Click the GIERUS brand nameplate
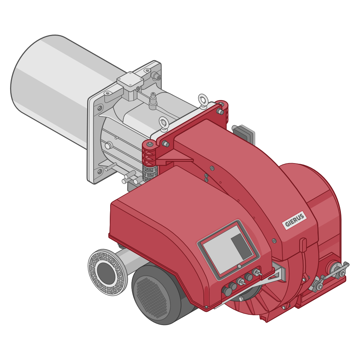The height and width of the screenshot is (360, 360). [294, 221]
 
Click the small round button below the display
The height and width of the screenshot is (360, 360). [239, 266]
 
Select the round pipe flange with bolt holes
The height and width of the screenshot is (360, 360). [107, 272]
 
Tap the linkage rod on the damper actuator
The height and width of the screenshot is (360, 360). [333, 273]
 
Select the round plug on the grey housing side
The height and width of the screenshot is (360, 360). [108, 145]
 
